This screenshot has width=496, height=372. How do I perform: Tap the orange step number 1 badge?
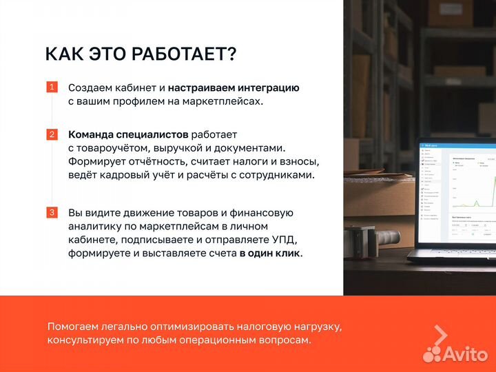(x=52, y=87)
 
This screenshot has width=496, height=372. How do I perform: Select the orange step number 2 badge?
(x=52, y=134)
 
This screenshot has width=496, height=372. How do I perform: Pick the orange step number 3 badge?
(x=52, y=212)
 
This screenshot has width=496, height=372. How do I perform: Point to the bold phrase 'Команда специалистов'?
(x=128, y=134)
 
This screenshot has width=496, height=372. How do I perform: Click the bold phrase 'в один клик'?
(x=271, y=254)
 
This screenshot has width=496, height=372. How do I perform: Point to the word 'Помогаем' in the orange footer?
(x=74, y=327)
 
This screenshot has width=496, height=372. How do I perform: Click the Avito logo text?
(x=466, y=353)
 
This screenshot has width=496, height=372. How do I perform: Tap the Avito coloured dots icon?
(x=433, y=353)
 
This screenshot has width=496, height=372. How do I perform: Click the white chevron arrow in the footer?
(x=440, y=334)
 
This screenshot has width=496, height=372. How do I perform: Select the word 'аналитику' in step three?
(x=96, y=227)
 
